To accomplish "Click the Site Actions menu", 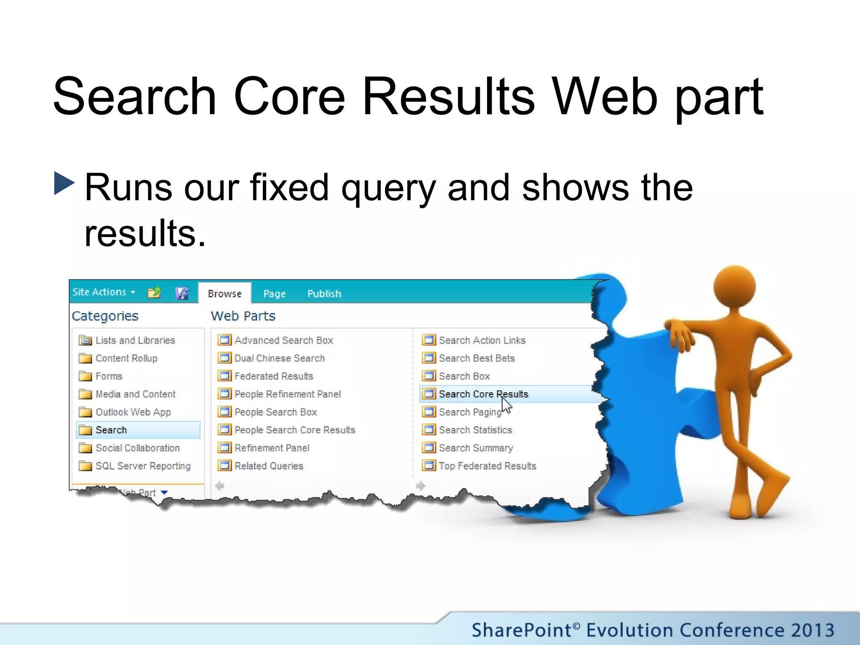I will click(103, 292).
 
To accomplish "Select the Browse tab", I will click(225, 294).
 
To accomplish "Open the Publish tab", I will click(324, 294).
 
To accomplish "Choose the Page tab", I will click(274, 294).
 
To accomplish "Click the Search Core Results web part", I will click(483, 394).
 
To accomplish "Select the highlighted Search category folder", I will click(111, 430).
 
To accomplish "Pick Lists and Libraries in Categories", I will click(135, 341).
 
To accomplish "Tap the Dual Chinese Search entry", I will click(279, 359).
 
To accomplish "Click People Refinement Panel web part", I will click(287, 394).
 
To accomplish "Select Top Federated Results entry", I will click(487, 466).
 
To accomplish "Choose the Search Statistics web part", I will click(475, 430).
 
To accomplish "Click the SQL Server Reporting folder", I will click(143, 466).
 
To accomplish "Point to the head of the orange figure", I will click(734, 287).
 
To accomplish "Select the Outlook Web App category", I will click(133, 412).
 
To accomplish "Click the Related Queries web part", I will click(268, 466).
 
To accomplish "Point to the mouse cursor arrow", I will click(506, 405).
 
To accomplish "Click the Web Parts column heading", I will click(243, 316).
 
